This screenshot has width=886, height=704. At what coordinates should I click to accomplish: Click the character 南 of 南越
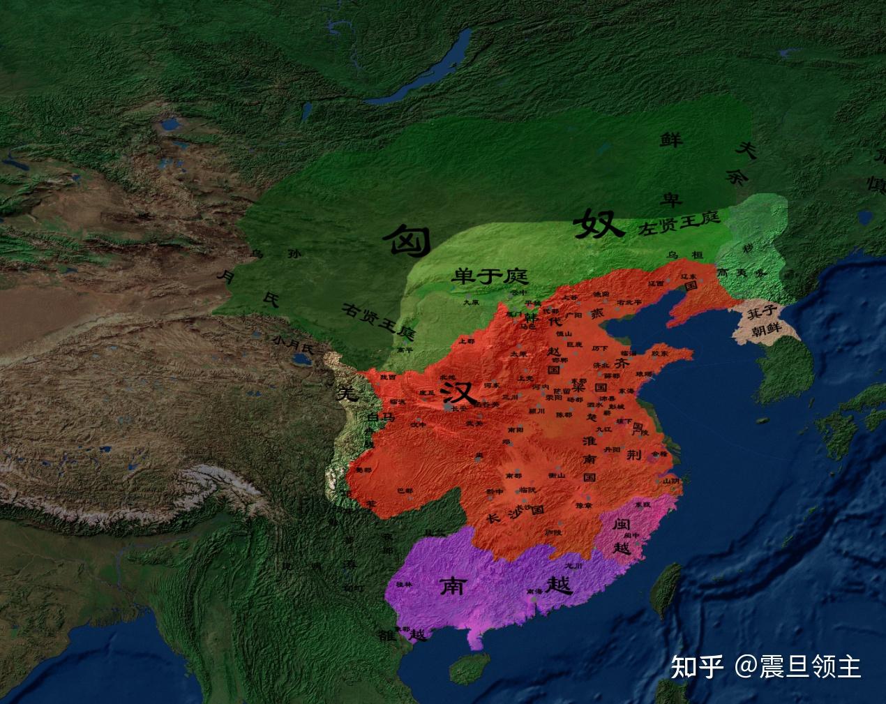[x=453, y=586]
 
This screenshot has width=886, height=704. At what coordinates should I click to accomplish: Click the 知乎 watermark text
[x=696, y=666]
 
